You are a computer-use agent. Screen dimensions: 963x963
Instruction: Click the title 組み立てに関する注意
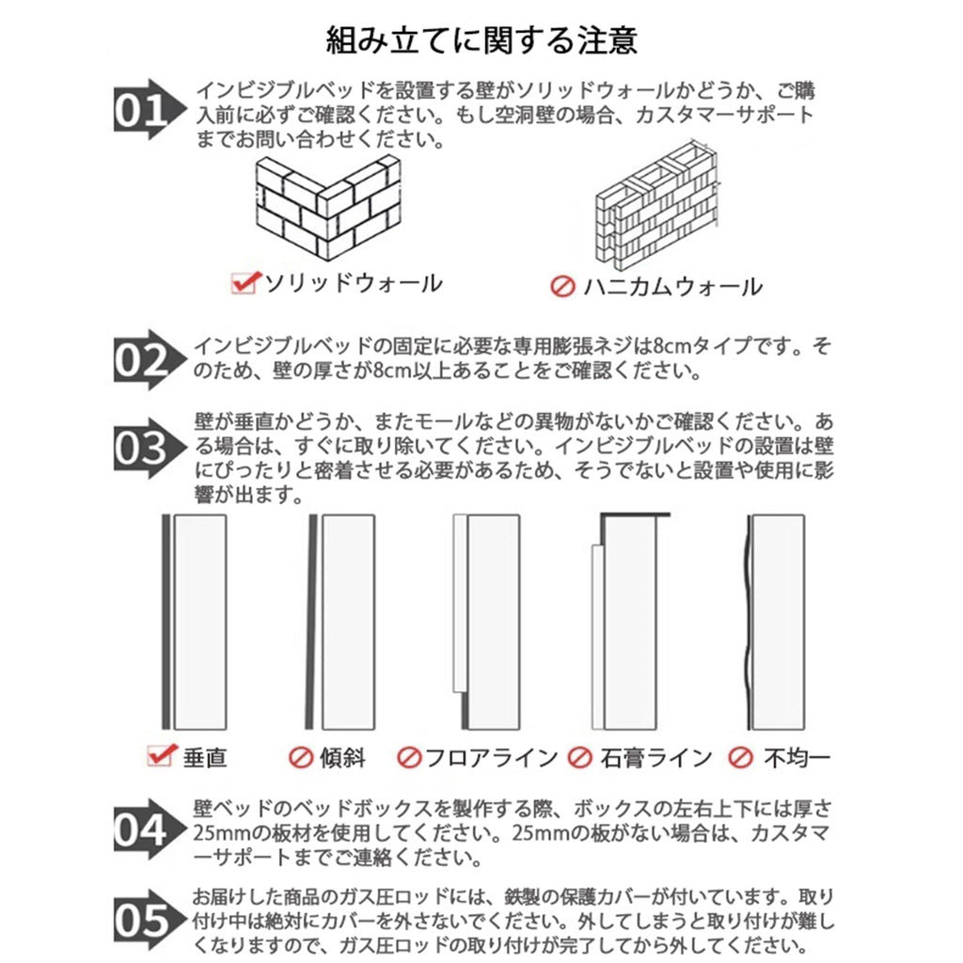481,39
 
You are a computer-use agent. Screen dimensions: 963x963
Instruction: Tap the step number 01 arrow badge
150,110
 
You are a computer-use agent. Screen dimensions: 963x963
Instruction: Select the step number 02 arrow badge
150,360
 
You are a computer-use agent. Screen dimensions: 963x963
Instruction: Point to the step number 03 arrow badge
150,448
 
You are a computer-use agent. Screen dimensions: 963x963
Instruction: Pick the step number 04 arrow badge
150,829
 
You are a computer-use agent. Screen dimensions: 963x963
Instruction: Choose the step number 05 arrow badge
150,920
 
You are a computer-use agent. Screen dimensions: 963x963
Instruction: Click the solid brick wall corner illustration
328,208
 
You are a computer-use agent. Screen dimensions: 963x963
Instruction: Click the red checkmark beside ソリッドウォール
245,282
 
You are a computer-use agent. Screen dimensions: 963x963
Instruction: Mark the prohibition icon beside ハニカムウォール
562,286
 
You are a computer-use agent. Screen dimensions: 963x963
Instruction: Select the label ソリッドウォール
354,283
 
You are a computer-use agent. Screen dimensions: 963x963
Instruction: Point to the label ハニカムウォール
672,287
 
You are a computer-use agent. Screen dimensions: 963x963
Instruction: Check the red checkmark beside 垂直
163,755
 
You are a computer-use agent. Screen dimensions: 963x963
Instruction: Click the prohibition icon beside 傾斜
301,758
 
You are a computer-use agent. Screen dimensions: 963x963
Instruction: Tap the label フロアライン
491,758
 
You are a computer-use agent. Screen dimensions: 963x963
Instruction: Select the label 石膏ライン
655,758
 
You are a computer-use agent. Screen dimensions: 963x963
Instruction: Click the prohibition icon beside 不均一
740,757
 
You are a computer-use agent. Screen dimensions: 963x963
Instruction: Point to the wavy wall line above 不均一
748,623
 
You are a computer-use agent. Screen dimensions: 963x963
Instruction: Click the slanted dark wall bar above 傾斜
311,622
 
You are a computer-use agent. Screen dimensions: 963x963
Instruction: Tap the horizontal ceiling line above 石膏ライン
635,514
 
